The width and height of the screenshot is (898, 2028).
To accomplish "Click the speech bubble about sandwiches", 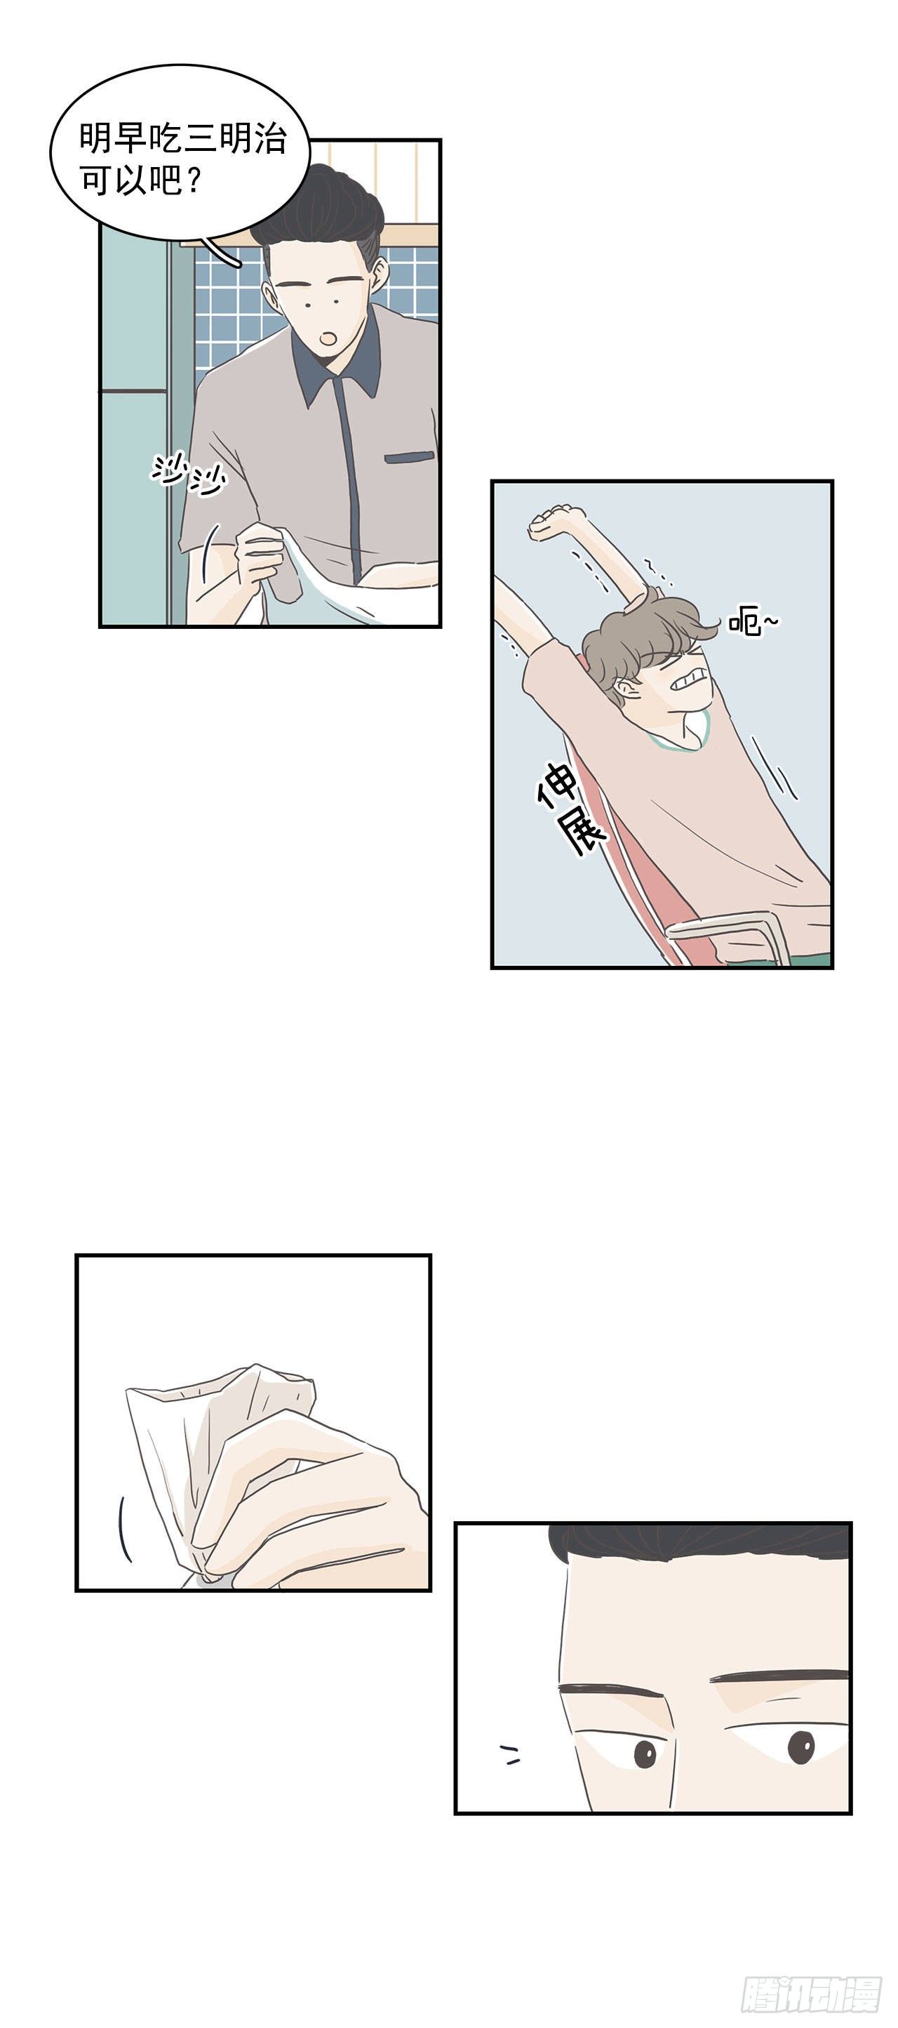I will click(x=180, y=155).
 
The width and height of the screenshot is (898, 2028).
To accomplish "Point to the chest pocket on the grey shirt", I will click(x=410, y=456).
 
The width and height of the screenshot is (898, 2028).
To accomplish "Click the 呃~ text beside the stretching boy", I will click(x=751, y=622).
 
